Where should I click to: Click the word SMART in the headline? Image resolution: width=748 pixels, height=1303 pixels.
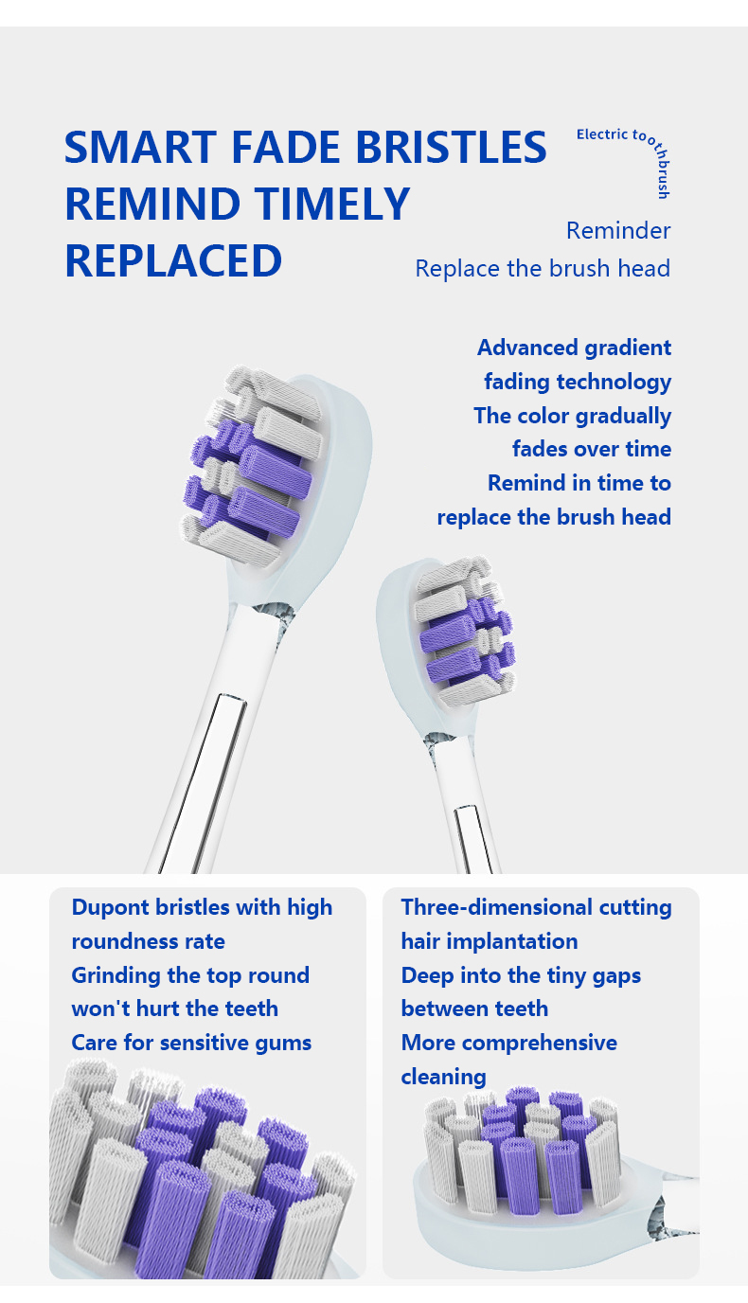coord(140,147)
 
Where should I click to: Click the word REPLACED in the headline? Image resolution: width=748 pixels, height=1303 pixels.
coord(173,260)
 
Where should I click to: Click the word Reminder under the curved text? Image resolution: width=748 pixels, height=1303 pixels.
coord(618,231)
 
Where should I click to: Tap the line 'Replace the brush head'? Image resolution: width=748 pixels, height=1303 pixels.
coord(543,269)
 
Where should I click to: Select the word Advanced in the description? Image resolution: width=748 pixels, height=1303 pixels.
coord(528,348)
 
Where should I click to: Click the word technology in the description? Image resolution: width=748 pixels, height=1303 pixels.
coord(614,383)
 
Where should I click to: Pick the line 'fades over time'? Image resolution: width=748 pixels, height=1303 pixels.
coord(592,449)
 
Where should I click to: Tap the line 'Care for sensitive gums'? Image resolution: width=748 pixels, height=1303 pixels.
coord(191,1043)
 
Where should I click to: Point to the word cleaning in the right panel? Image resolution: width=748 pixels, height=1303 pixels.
coord(443,1077)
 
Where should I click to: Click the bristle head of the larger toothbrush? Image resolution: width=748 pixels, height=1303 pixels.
coord(252,465)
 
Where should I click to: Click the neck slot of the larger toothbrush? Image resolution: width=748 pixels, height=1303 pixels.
coord(203,783)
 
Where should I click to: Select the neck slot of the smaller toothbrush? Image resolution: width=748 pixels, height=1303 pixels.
coord(474,839)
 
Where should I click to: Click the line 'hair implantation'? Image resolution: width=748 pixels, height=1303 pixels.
coord(490,942)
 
